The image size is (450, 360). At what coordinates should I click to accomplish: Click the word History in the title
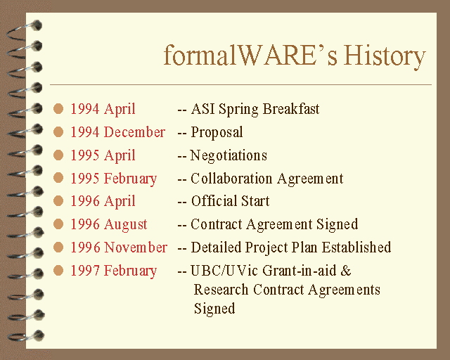tap(385, 56)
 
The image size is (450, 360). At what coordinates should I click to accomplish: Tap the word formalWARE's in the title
tap(250, 55)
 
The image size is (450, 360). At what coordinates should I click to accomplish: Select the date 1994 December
tap(118, 132)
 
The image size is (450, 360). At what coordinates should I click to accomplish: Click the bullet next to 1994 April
tap(58, 109)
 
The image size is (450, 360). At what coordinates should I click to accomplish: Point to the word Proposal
tap(217, 133)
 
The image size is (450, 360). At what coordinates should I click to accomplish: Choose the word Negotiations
tap(229, 156)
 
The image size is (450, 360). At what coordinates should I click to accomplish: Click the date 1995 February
tap(114, 179)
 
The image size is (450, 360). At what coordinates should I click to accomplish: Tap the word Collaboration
tap(231, 179)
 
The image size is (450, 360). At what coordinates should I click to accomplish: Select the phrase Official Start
tap(230, 201)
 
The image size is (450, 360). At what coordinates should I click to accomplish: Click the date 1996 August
tap(109, 224)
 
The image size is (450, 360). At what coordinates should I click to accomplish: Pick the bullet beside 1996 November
tap(58, 247)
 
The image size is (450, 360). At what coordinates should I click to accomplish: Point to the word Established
tap(356, 247)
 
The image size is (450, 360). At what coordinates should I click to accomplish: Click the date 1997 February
tap(114, 271)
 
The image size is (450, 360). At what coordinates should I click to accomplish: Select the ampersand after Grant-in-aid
tap(346, 271)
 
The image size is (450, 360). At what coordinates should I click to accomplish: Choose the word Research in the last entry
tap(221, 290)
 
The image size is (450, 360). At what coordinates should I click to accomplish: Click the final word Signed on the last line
tap(214, 309)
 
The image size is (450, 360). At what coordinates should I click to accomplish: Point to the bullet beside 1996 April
tap(58, 200)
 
